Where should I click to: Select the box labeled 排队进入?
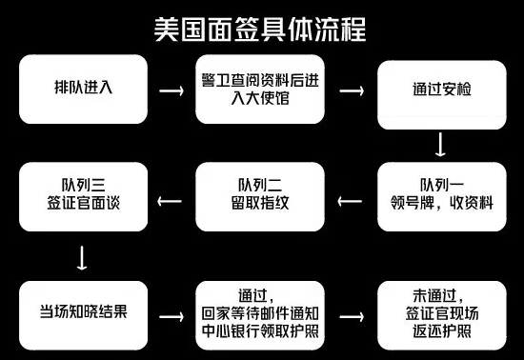(x=84, y=89)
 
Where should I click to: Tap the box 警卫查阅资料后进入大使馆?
(x=261, y=90)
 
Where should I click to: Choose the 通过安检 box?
(x=439, y=90)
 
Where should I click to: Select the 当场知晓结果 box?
(x=84, y=314)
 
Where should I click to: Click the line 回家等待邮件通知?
(x=261, y=314)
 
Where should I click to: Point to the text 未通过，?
(x=439, y=295)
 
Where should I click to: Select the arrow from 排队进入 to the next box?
(x=172, y=90)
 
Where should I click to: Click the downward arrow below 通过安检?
(x=440, y=144)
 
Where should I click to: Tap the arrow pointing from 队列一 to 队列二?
(x=351, y=200)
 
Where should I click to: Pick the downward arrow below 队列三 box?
(x=84, y=257)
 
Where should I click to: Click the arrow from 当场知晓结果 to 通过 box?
(x=172, y=315)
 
